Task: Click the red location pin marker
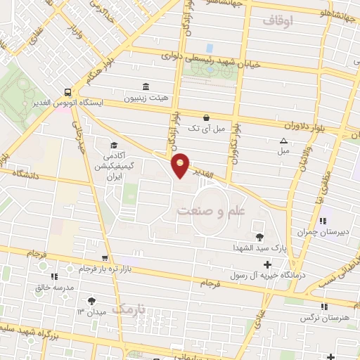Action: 181,165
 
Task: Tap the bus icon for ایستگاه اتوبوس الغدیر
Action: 67,91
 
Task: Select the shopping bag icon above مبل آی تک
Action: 205,117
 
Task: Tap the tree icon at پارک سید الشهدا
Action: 261,237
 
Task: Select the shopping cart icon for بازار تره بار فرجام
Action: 105,258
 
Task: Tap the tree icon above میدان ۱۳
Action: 91,300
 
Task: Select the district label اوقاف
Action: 278,21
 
